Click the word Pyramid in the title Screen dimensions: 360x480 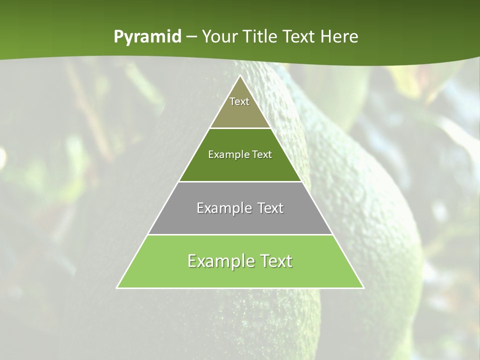[147, 37]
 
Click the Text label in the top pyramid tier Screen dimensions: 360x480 [239, 101]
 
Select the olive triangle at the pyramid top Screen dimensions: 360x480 [240, 115]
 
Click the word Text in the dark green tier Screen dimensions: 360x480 [262, 154]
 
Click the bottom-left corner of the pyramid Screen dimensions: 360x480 [117, 287]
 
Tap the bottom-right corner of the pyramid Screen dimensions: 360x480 [363, 287]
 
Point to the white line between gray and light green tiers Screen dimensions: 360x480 [240, 234]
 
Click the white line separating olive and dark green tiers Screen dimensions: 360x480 [240, 128]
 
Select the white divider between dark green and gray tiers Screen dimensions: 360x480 [240, 181]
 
